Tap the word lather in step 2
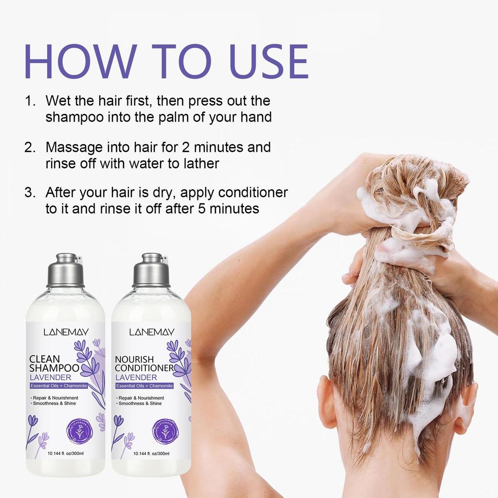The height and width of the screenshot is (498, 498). [201, 163]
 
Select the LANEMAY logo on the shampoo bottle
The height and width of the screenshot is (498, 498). [65, 332]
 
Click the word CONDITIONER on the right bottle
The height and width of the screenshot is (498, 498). [144, 368]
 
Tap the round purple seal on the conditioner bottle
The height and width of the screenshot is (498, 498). [165, 430]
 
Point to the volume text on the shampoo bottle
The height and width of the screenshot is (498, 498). [66, 454]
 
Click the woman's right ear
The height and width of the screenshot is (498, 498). [467, 406]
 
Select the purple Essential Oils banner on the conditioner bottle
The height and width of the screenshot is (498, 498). [144, 386]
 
